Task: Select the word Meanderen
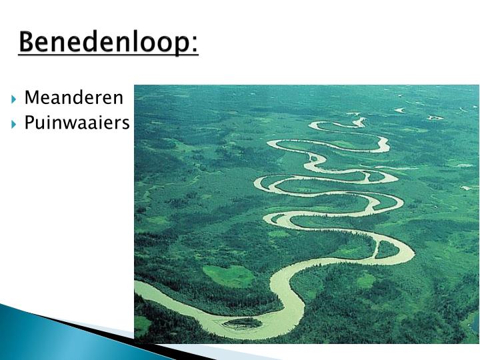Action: [73, 99]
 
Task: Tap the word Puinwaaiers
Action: [77, 123]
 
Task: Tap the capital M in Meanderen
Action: [31, 99]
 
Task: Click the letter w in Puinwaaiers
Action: [76, 123]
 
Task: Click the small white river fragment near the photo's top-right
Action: [434, 118]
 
